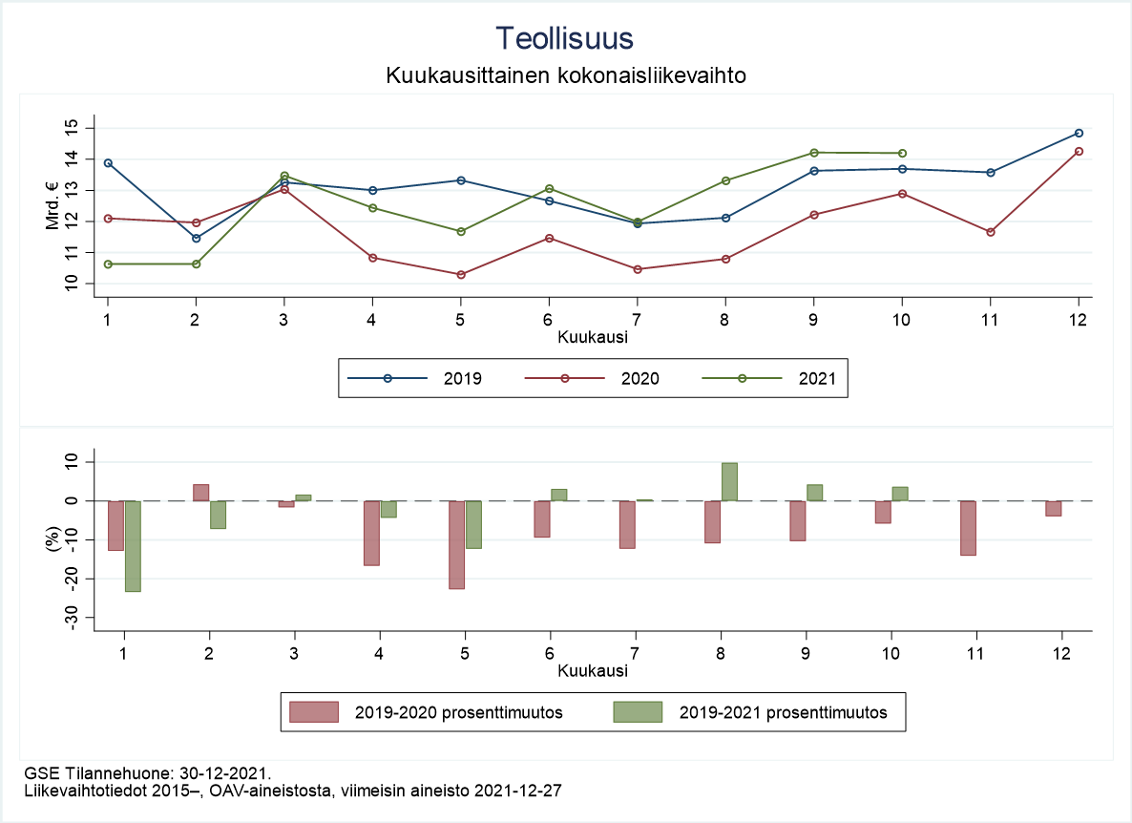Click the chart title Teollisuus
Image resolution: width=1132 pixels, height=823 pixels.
tap(565, 38)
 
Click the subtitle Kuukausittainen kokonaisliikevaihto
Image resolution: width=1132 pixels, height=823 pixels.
tap(565, 74)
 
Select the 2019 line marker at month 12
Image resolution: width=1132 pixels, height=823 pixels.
tap(1079, 133)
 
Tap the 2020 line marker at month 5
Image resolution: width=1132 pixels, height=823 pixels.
tap(461, 275)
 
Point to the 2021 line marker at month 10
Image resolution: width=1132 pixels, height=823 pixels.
tap(902, 153)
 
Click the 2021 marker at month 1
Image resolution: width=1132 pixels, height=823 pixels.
tap(108, 264)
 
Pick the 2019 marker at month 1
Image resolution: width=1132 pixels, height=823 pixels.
tap(108, 163)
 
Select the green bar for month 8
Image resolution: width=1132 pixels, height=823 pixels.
tap(729, 482)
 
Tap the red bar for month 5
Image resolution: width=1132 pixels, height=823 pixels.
tap(457, 544)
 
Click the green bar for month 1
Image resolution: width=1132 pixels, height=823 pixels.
tap(133, 546)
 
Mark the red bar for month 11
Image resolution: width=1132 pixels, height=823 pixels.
tap(969, 528)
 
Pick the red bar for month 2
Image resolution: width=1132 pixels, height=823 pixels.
tap(200, 493)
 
